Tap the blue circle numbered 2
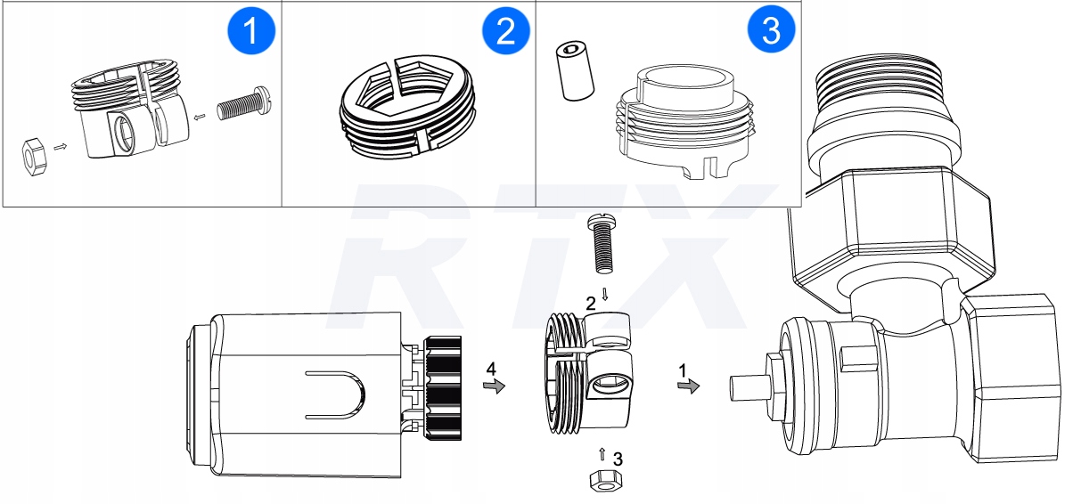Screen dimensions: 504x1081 click(505, 32)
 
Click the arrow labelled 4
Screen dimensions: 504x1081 click(493, 385)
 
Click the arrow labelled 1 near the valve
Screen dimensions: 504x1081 click(687, 386)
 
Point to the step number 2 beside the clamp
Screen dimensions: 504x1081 click(590, 303)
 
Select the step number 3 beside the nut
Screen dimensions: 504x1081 click(618, 459)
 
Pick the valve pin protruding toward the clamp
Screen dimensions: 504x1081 click(747, 390)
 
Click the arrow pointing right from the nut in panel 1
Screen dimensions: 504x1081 click(61, 145)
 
